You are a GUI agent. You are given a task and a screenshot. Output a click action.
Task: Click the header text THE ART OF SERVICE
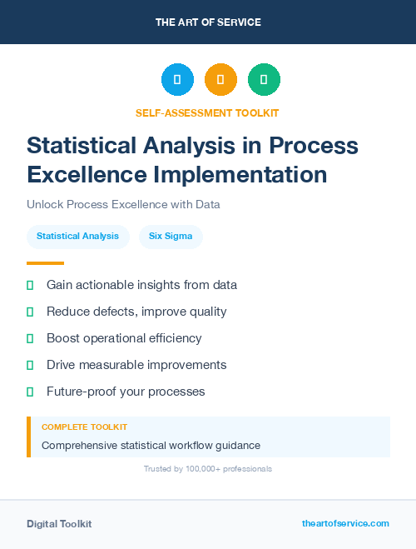click(x=208, y=22)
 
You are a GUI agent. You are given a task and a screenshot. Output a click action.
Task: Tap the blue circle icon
click(x=177, y=79)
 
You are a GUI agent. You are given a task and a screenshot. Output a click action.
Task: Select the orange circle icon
click(x=220, y=79)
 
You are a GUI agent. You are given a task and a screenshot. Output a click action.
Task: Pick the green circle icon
click(x=264, y=79)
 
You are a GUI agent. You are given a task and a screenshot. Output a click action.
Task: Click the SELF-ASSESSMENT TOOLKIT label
click(x=207, y=112)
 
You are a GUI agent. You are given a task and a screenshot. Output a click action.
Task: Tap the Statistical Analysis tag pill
click(x=77, y=237)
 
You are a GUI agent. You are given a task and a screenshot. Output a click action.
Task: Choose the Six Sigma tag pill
click(x=171, y=237)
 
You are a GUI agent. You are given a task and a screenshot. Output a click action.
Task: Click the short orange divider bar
click(x=39, y=263)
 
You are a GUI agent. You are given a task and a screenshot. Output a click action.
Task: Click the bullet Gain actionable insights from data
click(x=141, y=285)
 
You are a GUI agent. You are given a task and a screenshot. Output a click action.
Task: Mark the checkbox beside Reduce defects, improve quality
click(x=30, y=312)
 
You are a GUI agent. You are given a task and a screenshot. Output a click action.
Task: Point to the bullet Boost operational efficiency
click(x=124, y=338)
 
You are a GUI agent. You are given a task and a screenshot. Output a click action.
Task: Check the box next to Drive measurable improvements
click(x=30, y=365)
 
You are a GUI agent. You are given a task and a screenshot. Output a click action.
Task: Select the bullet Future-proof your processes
click(x=126, y=392)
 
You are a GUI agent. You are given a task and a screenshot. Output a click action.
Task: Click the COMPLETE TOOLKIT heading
click(x=84, y=427)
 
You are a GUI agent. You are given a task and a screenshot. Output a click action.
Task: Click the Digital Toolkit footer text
click(x=59, y=523)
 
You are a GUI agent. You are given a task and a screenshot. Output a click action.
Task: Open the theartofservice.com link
click(x=345, y=523)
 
